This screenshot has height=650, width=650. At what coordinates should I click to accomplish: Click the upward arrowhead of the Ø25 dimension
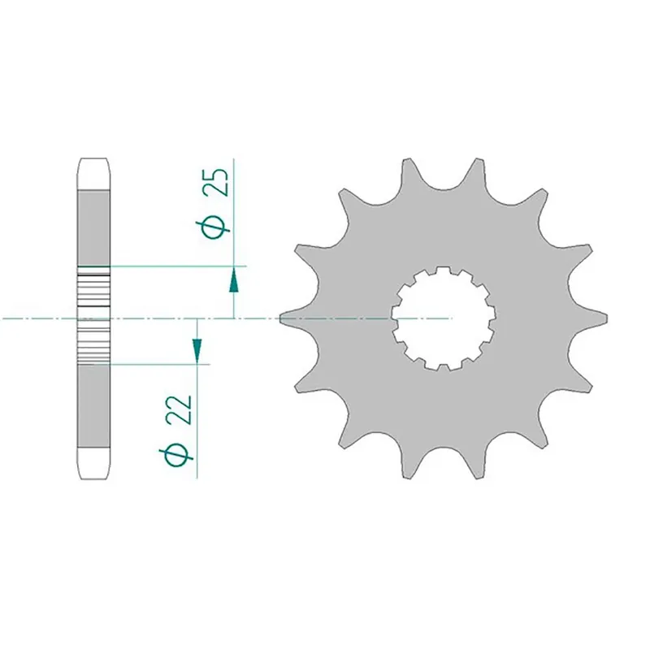pyautogui.click(x=234, y=280)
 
